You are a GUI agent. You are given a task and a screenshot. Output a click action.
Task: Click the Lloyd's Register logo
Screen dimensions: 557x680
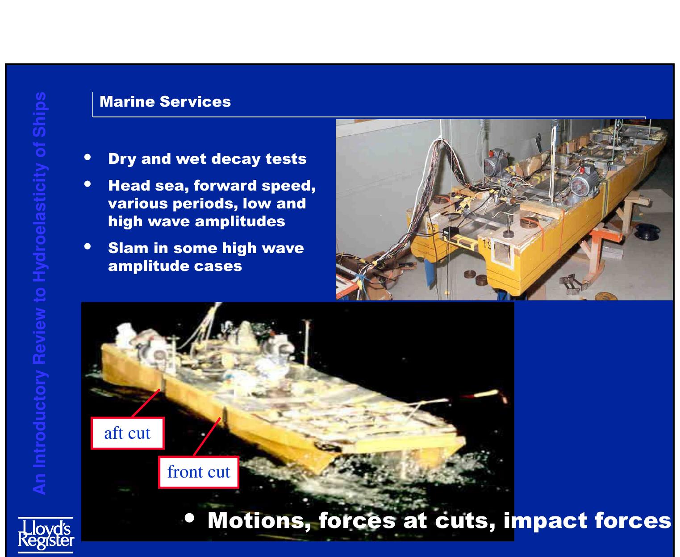[46, 534]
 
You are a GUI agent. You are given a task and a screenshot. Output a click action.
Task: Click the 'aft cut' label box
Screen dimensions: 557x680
[127, 433]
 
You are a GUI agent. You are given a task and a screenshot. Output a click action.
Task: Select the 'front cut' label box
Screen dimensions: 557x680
[199, 472]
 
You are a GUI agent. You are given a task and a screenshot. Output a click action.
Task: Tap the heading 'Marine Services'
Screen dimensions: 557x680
[165, 102]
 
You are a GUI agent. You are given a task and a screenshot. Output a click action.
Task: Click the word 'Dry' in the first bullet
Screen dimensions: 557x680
[121, 159]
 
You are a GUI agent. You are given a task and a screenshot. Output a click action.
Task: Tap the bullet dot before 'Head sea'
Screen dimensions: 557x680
[88, 183]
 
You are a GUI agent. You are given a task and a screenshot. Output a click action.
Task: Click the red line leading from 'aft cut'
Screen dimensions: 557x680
[146, 403]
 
